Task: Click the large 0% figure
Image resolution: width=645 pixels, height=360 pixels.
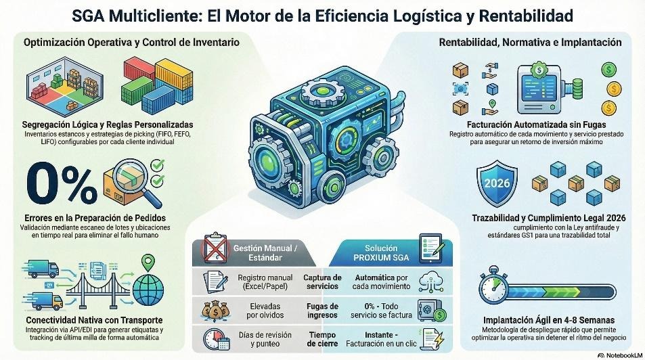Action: tap(62, 183)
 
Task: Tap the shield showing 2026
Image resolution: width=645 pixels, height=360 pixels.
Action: tap(497, 183)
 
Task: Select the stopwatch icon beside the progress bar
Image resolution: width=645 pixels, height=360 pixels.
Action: tap(493, 285)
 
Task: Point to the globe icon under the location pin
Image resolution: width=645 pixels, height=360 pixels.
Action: tap(148, 288)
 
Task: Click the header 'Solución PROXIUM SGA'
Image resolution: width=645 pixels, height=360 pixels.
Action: tap(381, 253)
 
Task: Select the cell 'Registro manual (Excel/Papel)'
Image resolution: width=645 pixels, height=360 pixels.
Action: tap(265, 282)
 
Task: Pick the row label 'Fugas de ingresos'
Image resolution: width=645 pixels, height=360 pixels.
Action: tap(322, 311)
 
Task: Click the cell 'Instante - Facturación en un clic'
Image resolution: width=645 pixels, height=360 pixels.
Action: tap(381, 340)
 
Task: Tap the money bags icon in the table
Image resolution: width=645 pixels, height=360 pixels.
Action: tap(215, 311)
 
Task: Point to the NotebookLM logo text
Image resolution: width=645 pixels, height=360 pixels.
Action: tap(620, 355)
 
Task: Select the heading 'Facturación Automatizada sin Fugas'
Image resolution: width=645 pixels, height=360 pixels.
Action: tap(537, 125)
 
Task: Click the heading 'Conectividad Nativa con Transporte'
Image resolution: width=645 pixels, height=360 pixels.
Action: tap(94, 320)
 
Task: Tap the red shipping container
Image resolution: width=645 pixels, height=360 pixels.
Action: tap(139, 70)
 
